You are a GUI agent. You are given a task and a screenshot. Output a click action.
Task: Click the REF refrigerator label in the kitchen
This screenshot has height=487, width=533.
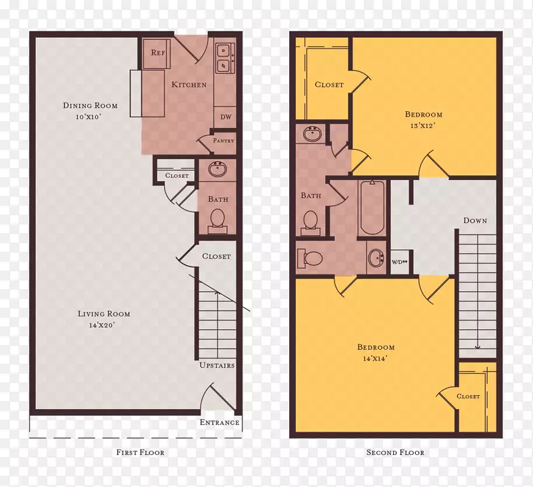click(158, 53)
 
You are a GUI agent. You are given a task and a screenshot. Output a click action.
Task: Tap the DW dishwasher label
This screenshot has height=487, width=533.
click(226, 117)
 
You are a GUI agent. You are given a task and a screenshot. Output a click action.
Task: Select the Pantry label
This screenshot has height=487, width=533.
click(223, 141)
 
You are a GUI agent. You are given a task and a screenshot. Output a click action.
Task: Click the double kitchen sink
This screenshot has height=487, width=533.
click(225, 58)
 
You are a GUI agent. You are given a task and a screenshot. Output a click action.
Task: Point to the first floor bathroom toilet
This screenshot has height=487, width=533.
click(218, 221)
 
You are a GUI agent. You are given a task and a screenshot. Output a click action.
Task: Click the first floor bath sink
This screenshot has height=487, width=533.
click(218, 169)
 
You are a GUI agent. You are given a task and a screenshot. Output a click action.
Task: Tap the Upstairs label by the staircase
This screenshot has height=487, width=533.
click(217, 365)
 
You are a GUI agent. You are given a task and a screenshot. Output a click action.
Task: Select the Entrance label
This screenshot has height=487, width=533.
click(220, 422)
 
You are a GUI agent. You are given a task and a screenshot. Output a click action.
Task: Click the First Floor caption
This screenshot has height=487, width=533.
click(141, 452)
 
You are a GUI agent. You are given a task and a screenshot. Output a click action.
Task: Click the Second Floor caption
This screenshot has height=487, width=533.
click(395, 452)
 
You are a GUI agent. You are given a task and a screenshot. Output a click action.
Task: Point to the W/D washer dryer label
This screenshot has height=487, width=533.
click(399, 262)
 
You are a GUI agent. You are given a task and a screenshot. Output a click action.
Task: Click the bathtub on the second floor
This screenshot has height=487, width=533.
click(372, 207)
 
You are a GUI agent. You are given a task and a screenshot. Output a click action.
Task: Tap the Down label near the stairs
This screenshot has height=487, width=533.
click(475, 221)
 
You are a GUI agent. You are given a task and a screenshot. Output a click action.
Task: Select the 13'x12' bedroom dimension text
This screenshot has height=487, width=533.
click(423, 125)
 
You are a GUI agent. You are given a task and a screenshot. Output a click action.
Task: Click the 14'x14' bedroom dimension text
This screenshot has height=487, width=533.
click(376, 358)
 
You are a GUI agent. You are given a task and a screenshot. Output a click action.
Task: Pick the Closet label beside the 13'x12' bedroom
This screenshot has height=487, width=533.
click(329, 85)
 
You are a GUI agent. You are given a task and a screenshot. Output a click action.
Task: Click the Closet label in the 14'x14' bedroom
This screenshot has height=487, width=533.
click(468, 396)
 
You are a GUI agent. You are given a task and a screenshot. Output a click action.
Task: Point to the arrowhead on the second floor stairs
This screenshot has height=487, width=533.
click(478, 347)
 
